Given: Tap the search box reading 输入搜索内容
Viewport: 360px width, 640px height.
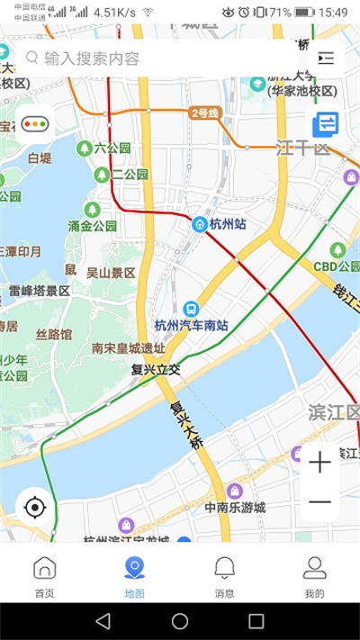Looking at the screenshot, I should pos(153,59).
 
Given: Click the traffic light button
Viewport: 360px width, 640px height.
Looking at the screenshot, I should pos(35,124).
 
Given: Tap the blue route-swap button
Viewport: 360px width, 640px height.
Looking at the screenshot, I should pos(325,123).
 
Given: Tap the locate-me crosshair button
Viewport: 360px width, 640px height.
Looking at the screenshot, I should pos(35,508).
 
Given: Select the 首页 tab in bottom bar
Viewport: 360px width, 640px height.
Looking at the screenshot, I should pos(44,576).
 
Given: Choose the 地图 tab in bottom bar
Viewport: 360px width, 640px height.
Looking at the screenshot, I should pos(134,576).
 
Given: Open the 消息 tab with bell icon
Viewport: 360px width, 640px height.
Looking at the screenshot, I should pos(224,576).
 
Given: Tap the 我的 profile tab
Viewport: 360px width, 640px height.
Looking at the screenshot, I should pos(314,576).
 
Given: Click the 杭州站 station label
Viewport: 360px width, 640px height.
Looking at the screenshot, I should pos(226,224).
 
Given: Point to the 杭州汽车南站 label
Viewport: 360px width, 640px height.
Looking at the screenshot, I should pos(190,325).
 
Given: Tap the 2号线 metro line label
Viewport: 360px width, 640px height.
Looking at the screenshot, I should pos(204,113).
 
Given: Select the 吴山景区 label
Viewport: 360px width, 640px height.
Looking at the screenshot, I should pos(110,272).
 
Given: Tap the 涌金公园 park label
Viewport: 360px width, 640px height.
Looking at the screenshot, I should pos(93,226).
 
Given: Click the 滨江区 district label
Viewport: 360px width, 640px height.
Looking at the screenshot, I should pos(333,412).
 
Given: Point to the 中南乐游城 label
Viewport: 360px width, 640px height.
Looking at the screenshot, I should pos(235,507).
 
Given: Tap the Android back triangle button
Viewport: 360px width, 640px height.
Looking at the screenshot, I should pos(103,621).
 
